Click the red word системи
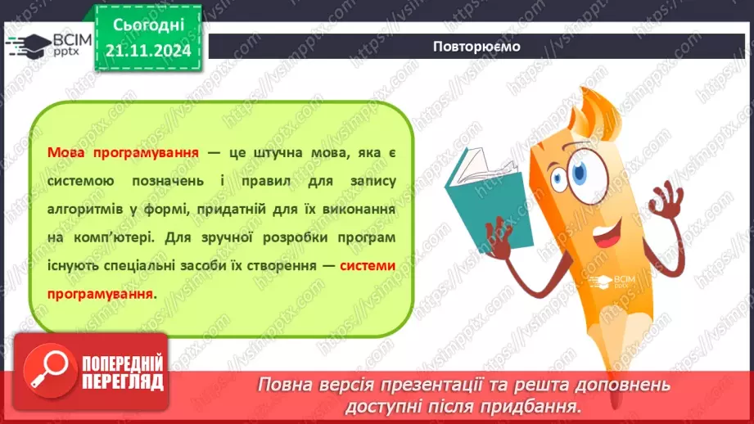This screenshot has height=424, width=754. [368, 265]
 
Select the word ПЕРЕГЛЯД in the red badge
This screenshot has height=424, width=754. [123, 382]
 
